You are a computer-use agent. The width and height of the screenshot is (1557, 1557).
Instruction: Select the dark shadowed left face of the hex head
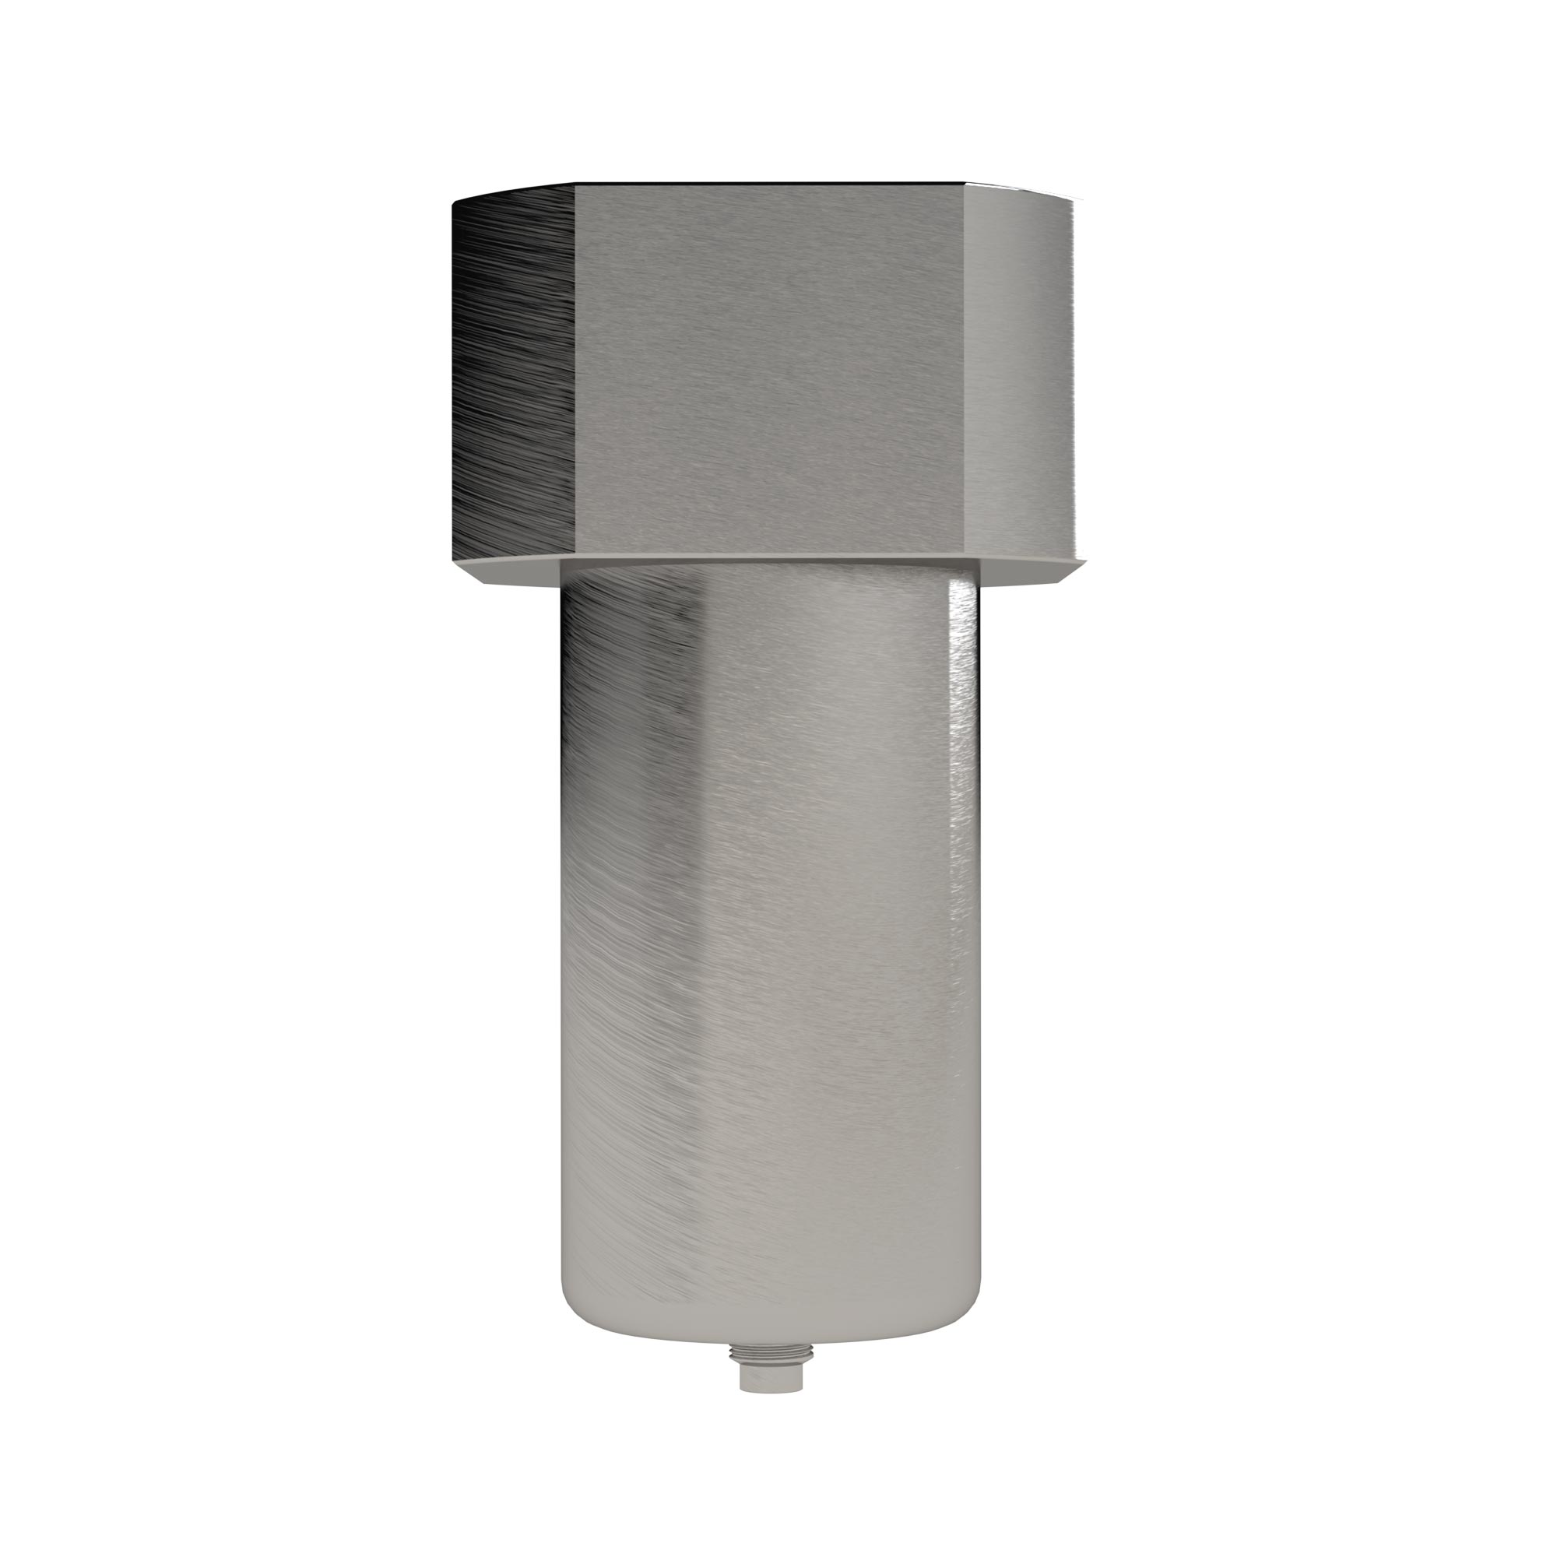pos(512,371)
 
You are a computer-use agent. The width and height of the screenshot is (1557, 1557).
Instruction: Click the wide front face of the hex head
pos(770,371)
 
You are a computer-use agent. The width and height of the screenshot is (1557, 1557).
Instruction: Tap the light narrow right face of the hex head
pos(1022,371)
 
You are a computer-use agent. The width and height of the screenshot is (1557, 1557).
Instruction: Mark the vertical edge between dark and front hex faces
pos(575,371)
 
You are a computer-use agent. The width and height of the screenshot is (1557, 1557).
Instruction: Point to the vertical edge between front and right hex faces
pos(967,371)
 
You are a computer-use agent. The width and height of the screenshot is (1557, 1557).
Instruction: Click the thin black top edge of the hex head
pos(770,184)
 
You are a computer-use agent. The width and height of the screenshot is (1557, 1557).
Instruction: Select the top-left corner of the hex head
pos(453,200)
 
